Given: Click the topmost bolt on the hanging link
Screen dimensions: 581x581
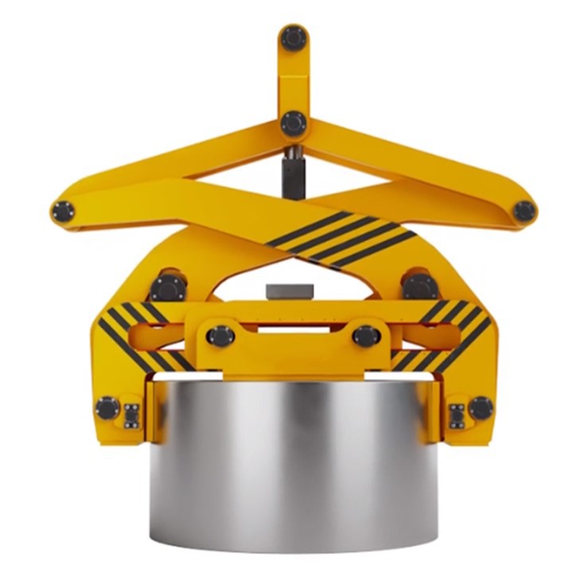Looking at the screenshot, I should pyautogui.click(x=293, y=37).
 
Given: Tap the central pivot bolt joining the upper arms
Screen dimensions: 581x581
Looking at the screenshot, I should pyautogui.click(x=293, y=123).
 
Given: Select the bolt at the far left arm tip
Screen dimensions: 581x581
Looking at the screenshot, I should pyautogui.click(x=62, y=212).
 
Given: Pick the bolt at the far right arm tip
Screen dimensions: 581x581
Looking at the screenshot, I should pyautogui.click(x=524, y=211).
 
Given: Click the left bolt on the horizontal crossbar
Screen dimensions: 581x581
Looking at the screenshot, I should pyautogui.click(x=220, y=336).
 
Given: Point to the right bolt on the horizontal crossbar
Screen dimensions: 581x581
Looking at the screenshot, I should pyautogui.click(x=365, y=336).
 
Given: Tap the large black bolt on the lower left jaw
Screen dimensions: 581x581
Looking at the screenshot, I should pyautogui.click(x=107, y=408).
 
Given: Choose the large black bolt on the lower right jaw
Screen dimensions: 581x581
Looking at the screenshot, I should pyautogui.click(x=480, y=408).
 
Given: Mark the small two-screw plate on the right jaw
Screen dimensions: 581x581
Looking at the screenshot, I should pyautogui.click(x=457, y=415).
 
